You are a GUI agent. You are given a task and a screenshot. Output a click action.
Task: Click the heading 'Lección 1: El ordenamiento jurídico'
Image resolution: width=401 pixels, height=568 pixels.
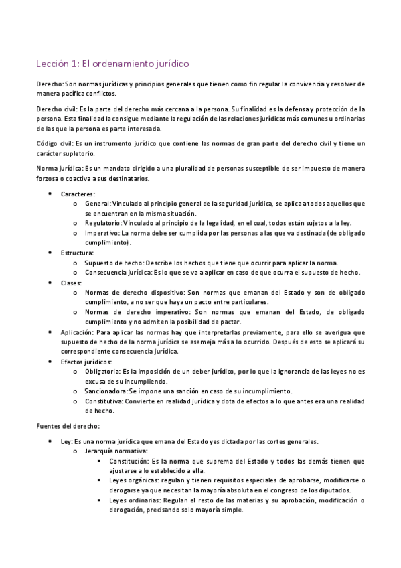112,64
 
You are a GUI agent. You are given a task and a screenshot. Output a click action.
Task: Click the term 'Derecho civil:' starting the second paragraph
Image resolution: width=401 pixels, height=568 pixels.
57,109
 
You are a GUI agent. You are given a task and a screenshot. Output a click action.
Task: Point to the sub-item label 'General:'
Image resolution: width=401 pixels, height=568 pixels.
98,203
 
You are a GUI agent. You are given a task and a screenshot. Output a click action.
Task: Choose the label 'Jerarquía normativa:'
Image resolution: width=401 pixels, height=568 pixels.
114,451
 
